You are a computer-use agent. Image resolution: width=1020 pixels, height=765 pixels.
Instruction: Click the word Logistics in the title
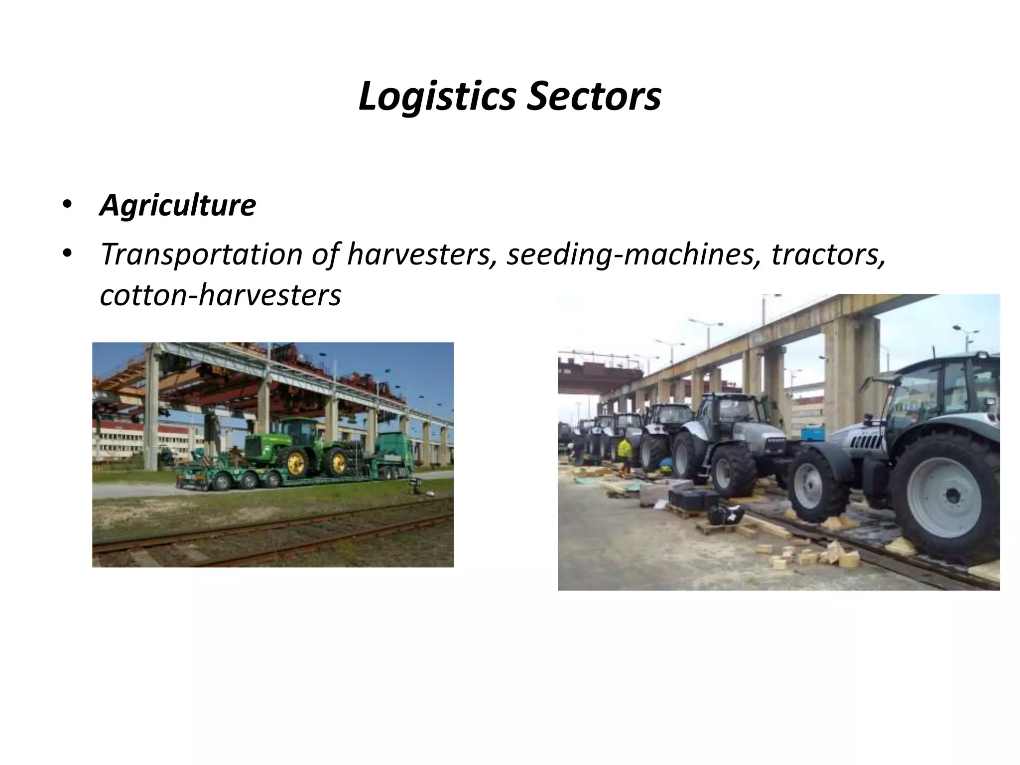click(x=436, y=97)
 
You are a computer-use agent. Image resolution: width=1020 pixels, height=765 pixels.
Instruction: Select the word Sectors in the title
click(x=593, y=97)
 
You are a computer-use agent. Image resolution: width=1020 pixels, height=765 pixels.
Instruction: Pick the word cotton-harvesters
click(x=220, y=295)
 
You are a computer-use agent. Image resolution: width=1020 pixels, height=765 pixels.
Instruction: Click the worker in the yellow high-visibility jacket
click(x=624, y=451)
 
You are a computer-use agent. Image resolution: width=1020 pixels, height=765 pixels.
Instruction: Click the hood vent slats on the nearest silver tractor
click(x=866, y=438)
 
